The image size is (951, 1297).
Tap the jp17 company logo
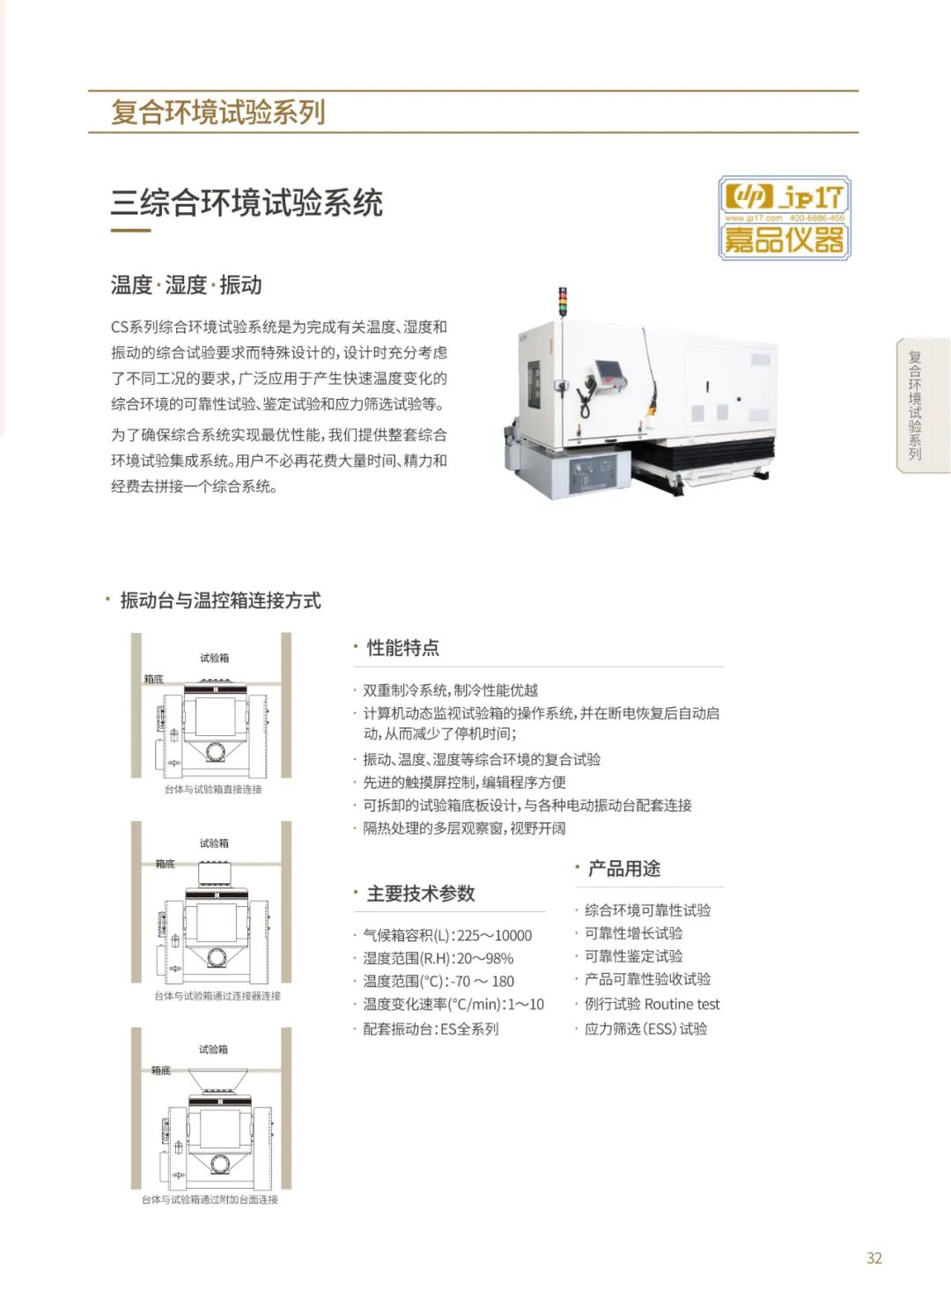tap(785, 217)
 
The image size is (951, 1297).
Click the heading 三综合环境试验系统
tap(247, 203)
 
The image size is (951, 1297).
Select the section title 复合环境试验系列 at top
tap(217, 112)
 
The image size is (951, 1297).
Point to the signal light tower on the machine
tap(561, 302)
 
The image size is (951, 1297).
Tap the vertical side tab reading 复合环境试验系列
tap(915, 405)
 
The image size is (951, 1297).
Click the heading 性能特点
tap(402, 648)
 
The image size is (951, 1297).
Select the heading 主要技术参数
tap(421, 894)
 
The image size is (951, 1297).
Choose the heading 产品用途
tap(623, 868)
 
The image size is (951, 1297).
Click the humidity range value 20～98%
tap(485, 958)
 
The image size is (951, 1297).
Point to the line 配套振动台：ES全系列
tap(431, 1029)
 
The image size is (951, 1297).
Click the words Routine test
tap(682, 1004)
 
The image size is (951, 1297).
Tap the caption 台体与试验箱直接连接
tap(213, 789)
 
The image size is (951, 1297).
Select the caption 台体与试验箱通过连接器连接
tap(217, 996)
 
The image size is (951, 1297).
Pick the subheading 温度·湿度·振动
tap(186, 285)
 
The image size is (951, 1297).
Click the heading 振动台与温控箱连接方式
tap(220, 601)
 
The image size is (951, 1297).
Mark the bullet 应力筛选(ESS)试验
tap(645, 1029)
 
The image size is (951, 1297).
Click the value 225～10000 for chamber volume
tap(494, 936)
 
